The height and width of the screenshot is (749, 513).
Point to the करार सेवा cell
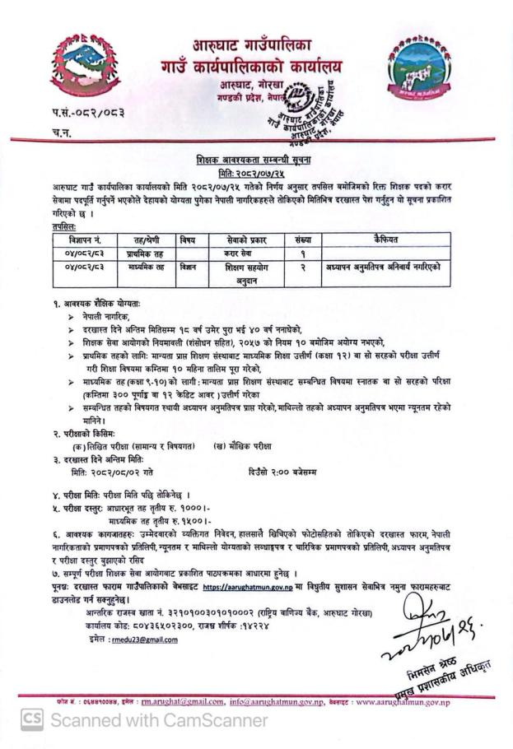246,254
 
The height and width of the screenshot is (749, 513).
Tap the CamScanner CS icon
32,720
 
